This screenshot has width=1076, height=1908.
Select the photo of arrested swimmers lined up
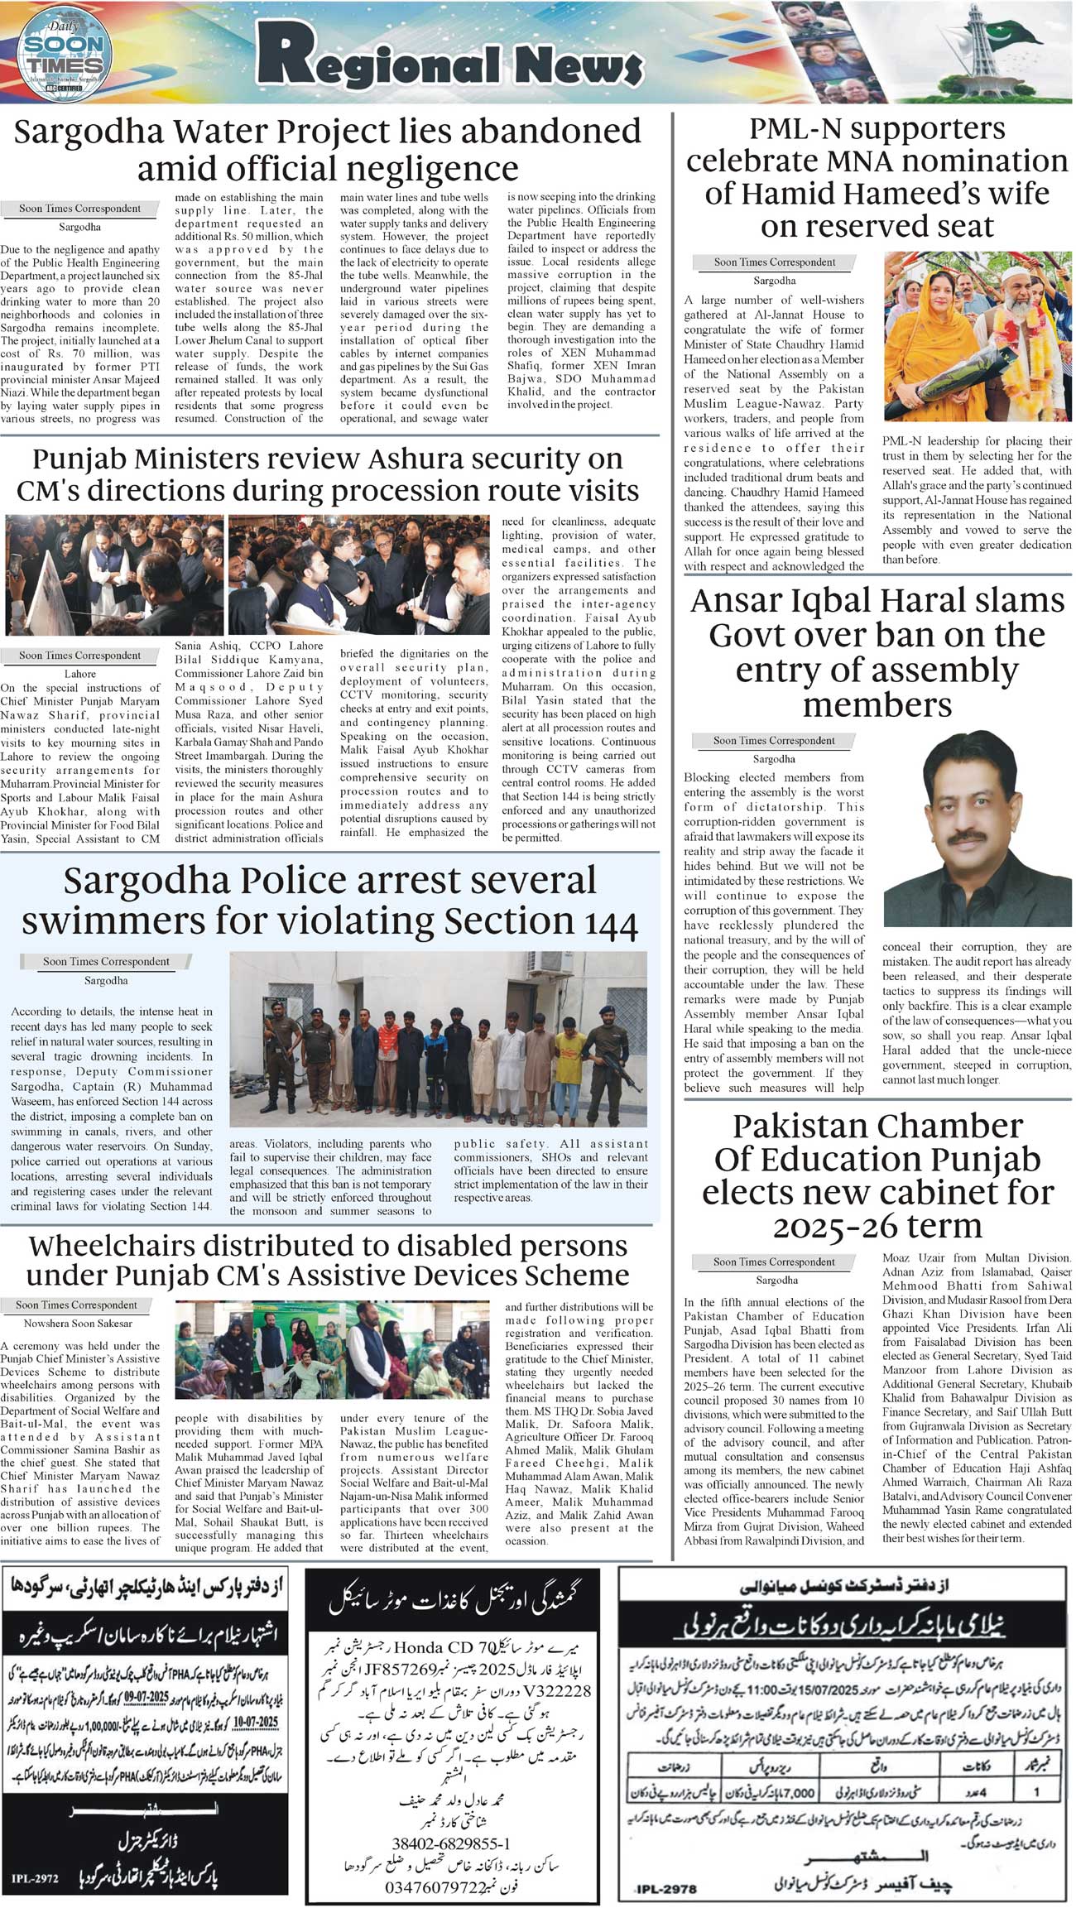[444, 1039]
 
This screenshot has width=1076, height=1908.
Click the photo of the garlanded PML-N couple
[978, 337]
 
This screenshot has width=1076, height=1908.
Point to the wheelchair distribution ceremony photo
[332, 1350]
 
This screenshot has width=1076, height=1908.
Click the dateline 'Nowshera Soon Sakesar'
[78, 1324]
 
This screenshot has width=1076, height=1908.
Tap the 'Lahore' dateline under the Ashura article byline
[80, 674]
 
